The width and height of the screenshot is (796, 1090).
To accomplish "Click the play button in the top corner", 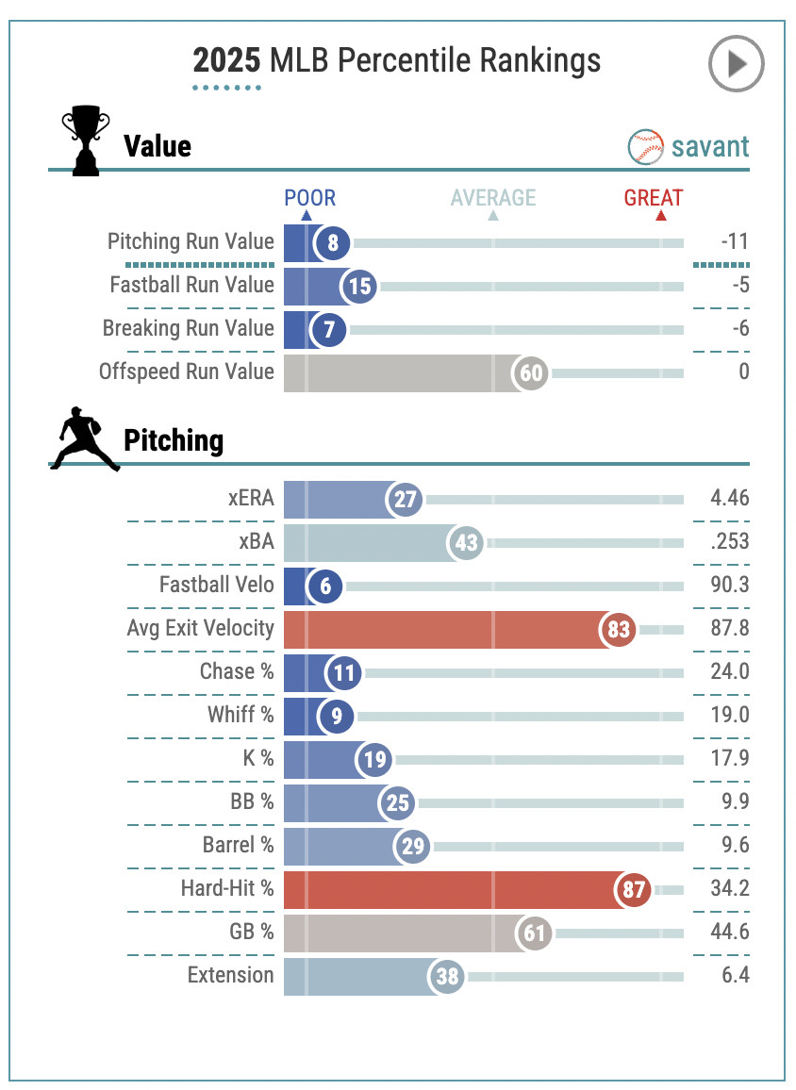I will [x=736, y=63].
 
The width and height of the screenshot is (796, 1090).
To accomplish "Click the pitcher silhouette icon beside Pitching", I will [x=84, y=439].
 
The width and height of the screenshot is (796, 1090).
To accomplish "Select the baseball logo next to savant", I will [x=646, y=147].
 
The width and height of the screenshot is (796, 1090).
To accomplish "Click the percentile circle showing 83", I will [x=619, y=629].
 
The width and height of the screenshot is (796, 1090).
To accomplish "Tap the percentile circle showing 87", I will [x=633, y=889].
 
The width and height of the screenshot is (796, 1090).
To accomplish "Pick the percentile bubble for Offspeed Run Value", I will [x=531, y=372].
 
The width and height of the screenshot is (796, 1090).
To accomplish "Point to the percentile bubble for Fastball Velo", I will [x=325, y=586].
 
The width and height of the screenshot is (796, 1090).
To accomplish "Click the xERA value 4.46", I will [x=729, y=498].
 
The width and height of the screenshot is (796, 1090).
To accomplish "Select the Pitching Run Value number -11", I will [x=735, y=241].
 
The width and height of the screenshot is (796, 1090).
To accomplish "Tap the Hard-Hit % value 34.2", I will [x=729, y=888].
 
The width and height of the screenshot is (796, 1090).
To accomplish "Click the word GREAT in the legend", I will [x=653, y=198].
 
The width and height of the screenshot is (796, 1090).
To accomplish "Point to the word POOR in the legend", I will [x=309, y=198].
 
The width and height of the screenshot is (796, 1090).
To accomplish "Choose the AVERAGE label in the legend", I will [x=492, y=198].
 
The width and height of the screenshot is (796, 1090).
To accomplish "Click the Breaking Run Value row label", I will [x=189, y=328].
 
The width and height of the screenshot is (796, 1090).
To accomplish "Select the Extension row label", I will [x=230, y=975].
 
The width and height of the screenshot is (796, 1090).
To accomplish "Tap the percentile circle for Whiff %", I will [x=336, y=716].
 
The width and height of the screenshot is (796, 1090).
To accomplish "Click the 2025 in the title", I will [x=226, y=61].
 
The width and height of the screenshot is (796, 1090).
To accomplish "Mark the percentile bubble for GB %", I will [x=535, y=933].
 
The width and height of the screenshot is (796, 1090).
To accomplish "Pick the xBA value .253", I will [x=730, y=541].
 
